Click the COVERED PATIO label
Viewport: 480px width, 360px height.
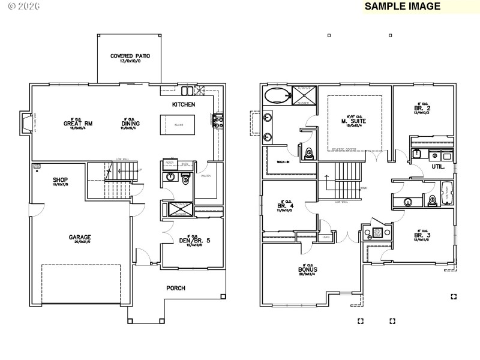pos(130,56)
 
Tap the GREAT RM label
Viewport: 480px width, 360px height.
pos(77,124)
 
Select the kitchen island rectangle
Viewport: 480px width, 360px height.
pos(178,125)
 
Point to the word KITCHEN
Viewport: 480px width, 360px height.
pos(184,104)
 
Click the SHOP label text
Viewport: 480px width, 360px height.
pos(59,179)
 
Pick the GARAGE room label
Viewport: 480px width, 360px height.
pos(79,237)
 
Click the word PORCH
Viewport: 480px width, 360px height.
pos(176,288)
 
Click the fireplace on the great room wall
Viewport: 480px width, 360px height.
pos(25,124)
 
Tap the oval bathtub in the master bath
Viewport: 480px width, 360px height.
pos(277,95)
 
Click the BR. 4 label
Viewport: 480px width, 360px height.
pos(284,206)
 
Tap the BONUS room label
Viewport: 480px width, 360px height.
pos(307,269)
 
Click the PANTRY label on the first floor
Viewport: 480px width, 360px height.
pos(206,176)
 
